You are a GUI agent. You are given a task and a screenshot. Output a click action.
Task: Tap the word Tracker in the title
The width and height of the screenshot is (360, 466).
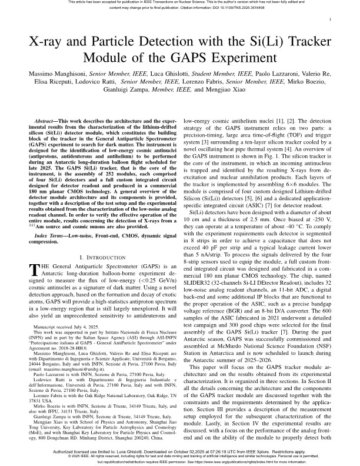point(301,42)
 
